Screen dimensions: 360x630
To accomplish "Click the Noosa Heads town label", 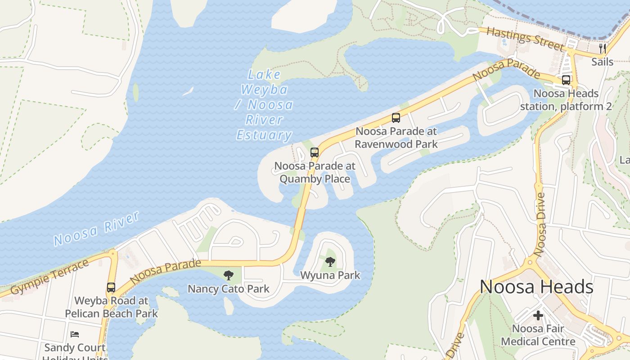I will click(x=536, y=287).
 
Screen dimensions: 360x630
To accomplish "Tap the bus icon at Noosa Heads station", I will click(x=566, y=80).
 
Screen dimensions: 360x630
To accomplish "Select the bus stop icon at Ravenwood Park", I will click(x=396, y=118).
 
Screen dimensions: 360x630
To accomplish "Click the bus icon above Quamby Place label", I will click(x=315, y=152).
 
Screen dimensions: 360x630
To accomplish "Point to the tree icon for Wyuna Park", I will click(x=330, y=261).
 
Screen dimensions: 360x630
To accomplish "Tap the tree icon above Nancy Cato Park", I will click(x=229, y=275).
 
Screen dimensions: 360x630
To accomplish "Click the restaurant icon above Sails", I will click(x=603, y=48).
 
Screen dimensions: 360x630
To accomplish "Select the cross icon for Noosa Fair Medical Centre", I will click(x=538, y=315).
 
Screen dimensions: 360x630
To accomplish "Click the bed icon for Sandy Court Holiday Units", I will click(x=75, y=334).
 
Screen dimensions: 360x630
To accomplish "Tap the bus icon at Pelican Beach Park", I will click(x=111, y=287).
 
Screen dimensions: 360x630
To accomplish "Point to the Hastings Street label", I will click(x=525, y=39).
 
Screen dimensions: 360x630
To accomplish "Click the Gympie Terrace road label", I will click(x=49, y=277).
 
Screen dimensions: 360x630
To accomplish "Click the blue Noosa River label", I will click(x=96, y=229).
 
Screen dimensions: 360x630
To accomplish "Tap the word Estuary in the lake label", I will click(x=264, y=135).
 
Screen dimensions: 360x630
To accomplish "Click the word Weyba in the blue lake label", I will click(x=264, y=90).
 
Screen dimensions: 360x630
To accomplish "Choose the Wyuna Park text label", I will click(x=330, y=275).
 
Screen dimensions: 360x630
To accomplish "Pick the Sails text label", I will click(x=603, y=62).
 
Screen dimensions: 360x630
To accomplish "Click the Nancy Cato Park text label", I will click(x=229, y=289).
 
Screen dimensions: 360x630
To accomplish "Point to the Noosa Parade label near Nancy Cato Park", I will click(x=165, y=271).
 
